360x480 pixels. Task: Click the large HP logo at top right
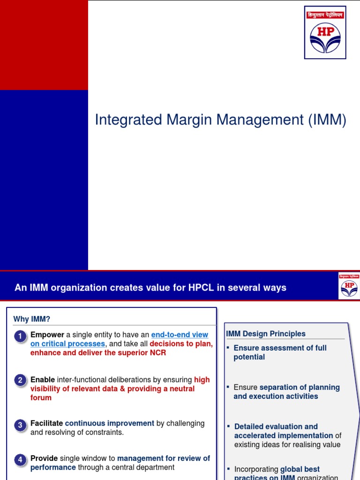pyautogui.click(x=325, y=32)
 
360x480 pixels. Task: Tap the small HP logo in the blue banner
pyautogui.click(x=348, y=285)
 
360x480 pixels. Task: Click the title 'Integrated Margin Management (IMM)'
pyautogui.click(x=220, y=120)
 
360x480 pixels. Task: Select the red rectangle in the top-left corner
pyautogui.click(x=44, y=45)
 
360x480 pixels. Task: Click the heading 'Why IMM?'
pyautogui.click(x=31, y=319)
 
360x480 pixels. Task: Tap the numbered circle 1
pyautogui.click(x=20, y=336)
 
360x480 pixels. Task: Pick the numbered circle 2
pyautogui.click(x=20, y=380)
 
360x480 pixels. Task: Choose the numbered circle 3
pyautogui.click(x=20, y=425)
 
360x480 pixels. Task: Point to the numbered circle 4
pyautogui.click(x=20, y=460)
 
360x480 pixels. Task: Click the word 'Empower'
pyautogui.click(x=47, y=335)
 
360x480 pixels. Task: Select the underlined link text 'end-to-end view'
pyautogui.click(x=180, y=335)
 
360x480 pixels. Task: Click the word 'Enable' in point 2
pyautogui.click(x=43, y=380)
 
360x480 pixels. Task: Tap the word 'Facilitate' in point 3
pyautogui.click(x=46, y=423)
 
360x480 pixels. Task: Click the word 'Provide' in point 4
pyautogui.click(x=44, y=458)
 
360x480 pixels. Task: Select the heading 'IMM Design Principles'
pyautogui.click(x=266, y=334)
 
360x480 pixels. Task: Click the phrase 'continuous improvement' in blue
pyautogui.click(x=109, y=423)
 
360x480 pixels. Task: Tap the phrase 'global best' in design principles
pyautogui.click(x=300, y=469)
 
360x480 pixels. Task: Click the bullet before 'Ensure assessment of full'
pyautogui.click(x=228, y=348)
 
